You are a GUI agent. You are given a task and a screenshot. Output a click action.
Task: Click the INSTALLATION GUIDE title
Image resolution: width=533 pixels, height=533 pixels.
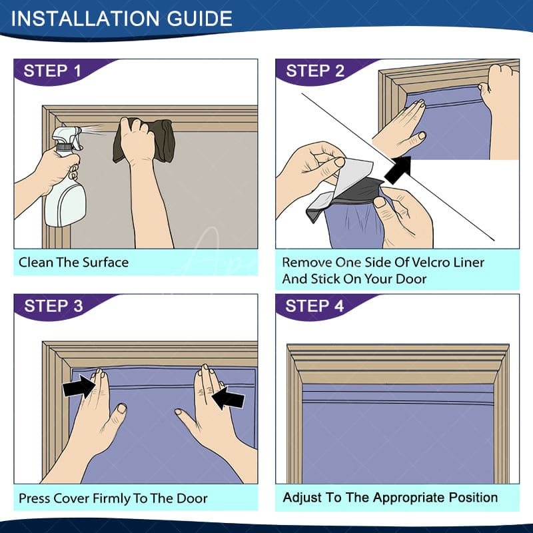pyautogui.click(x=121, y=18)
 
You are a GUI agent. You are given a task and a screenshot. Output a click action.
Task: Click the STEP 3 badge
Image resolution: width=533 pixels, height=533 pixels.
pyautogui.click(x=54, y=306)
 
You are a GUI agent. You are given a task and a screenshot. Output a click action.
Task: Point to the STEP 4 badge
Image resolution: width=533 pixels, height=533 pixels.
pyautogui.click(x=315, y=306)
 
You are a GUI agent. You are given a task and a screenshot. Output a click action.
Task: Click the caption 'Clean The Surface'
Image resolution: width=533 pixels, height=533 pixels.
pyautogui.click(x=73, y=263)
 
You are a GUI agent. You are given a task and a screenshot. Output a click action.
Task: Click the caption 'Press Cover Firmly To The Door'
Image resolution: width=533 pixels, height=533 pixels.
pyautogui.click(x=113, y=498)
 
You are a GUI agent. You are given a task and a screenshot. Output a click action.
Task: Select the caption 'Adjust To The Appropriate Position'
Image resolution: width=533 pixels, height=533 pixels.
pyautogui.click(x=390, y=498)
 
